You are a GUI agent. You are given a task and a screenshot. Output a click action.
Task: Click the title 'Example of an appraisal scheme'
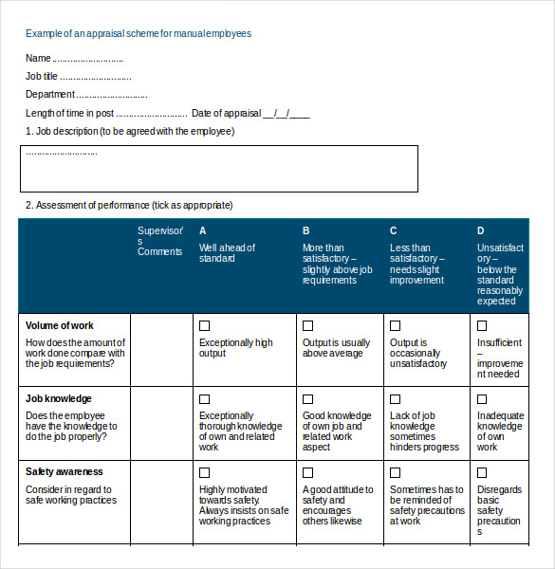tap(139, 33)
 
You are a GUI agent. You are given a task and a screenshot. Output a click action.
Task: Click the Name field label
tap(38, 59)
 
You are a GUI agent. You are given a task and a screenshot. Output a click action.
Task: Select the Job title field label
tap(42, 77)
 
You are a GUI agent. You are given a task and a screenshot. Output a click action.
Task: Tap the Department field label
tap(50, 95)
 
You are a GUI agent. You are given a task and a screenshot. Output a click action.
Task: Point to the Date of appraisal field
tap(250, 114)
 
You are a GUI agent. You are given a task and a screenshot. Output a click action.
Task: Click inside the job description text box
tap(219, 169)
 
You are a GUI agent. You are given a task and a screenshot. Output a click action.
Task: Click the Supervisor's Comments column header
tap(159, 241)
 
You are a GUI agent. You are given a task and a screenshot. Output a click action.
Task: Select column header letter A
tap(203, 230)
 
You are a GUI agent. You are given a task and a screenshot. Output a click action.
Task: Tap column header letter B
tap(305, 230)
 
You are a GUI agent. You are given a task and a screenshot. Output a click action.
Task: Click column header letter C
tap(393, 230)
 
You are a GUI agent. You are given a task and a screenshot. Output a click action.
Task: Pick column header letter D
tap(480, 230)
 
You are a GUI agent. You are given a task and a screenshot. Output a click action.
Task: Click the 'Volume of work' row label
tap(59, 325)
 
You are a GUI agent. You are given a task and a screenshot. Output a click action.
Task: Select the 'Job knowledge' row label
tap(59, 399)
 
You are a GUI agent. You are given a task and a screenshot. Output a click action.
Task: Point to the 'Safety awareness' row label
tap(64, 471)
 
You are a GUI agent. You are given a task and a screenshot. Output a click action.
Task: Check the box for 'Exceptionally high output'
tap(204, 325)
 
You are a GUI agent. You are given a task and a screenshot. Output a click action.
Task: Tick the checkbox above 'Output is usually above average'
tap(307, 325)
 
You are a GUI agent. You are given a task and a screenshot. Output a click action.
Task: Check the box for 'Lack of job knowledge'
tap(395, 399)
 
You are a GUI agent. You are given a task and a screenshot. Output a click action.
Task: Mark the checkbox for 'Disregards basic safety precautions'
tap(482, 472)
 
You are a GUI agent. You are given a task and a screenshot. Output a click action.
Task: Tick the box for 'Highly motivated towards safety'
tap(204, 472)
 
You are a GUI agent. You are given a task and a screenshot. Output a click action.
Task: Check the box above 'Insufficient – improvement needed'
tap(482, 325)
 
